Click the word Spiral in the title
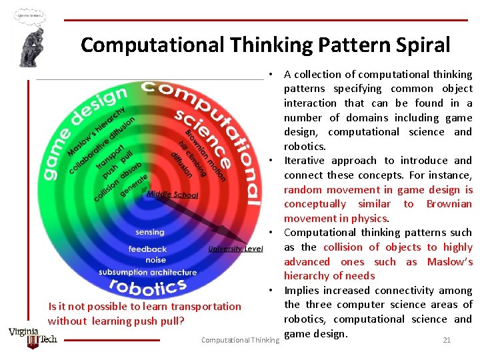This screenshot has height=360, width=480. click(419, 45)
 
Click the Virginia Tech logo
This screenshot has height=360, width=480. click(33, 337)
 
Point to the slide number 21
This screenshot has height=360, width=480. click(447, 340)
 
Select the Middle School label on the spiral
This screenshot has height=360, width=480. click(172, 195)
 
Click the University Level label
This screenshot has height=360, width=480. click(235, 249)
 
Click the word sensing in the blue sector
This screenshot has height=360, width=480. click(149, 232)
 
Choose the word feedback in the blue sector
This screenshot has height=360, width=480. click(147, 249)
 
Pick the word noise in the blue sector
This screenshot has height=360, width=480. click(155, 259)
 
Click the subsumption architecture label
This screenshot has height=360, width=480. click(147, 272)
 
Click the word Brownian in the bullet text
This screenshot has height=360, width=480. click(449, 204)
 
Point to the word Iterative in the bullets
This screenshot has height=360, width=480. click(305, 161)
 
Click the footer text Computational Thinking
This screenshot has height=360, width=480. click(240, 341)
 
